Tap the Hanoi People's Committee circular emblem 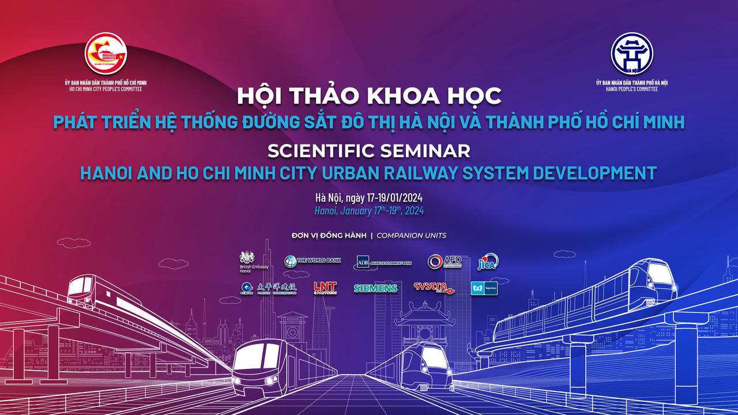pyautogui.click(x=632, y=54)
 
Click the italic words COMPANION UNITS pyautogui.click(x=411, y=235)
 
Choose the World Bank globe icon pyautogui.click(x=291, y=262)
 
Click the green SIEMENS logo pyautogui.click(x=375, y=288)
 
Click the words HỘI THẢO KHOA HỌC pyautogui.click(x=369, y=96)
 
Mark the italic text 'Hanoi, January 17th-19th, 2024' pyautogui.click(x=369, y=211)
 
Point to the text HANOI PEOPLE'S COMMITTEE pyautogui.click(x=631, y=89)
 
